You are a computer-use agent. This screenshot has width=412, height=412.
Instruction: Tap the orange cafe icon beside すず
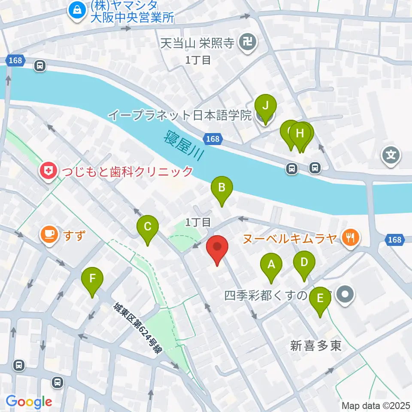point(49,234)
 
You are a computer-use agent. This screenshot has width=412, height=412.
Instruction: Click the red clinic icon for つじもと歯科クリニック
point(47,172)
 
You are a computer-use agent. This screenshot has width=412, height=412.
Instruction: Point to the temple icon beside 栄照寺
point(248,42)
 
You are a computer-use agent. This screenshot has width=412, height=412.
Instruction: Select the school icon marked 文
point(392,154)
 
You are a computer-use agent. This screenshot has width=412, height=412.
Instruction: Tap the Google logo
point(29,402)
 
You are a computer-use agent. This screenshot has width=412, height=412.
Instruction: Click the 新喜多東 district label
point(316,346)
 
